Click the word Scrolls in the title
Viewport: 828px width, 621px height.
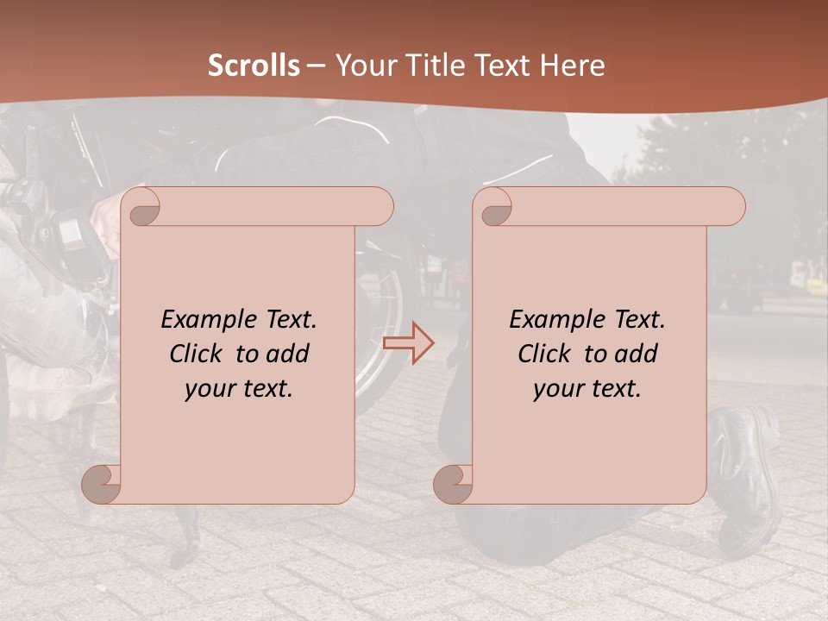pos(254,66)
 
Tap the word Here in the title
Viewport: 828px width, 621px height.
pos(573,66)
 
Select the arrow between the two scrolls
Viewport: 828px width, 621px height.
pos(408,342)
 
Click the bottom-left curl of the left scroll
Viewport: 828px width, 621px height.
pos(101,484)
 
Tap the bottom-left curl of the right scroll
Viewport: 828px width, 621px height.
pos(453,484)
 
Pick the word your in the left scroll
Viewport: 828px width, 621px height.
pos(209,389)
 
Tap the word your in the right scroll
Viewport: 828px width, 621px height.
pos(557,389)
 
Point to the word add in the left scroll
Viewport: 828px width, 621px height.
pos(288,354)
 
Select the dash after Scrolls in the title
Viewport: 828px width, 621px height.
pos(316,66)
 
